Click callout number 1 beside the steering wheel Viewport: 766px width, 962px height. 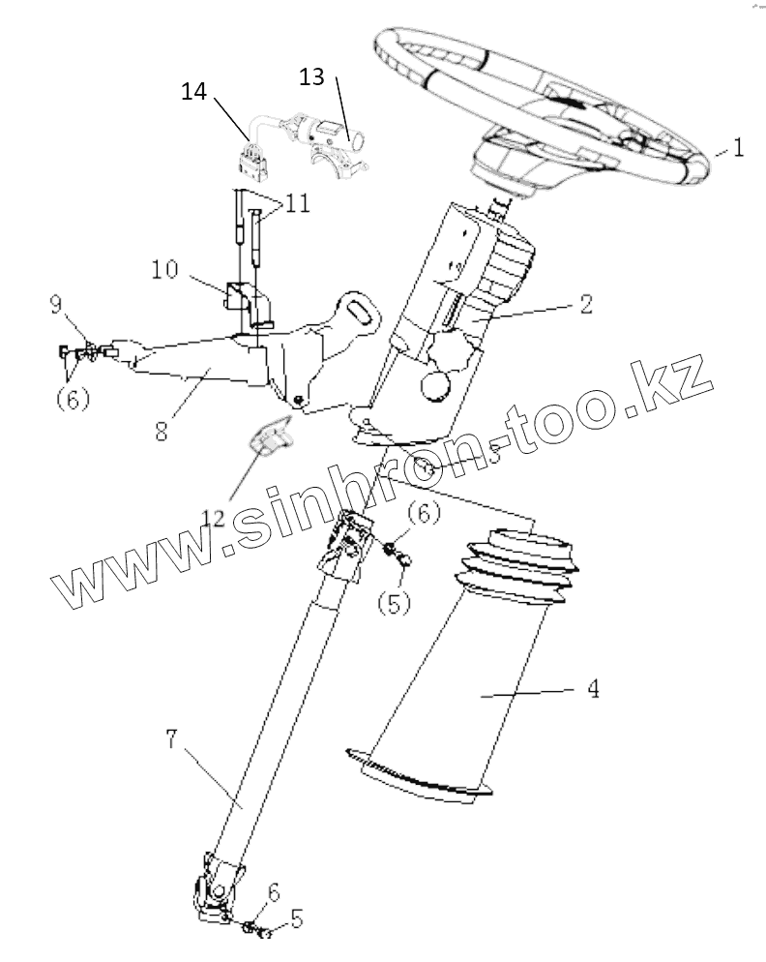pyautogui.click(x=737, y=148)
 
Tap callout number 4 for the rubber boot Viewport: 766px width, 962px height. pyautogui.click(x=593, y=690)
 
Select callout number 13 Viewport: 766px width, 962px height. pyautogui.click(x=311, y=76)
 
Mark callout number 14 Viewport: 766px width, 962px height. pyautogui.click(x=193, y=92)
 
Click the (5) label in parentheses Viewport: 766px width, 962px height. pyautogui.click(x=394, y=603)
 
